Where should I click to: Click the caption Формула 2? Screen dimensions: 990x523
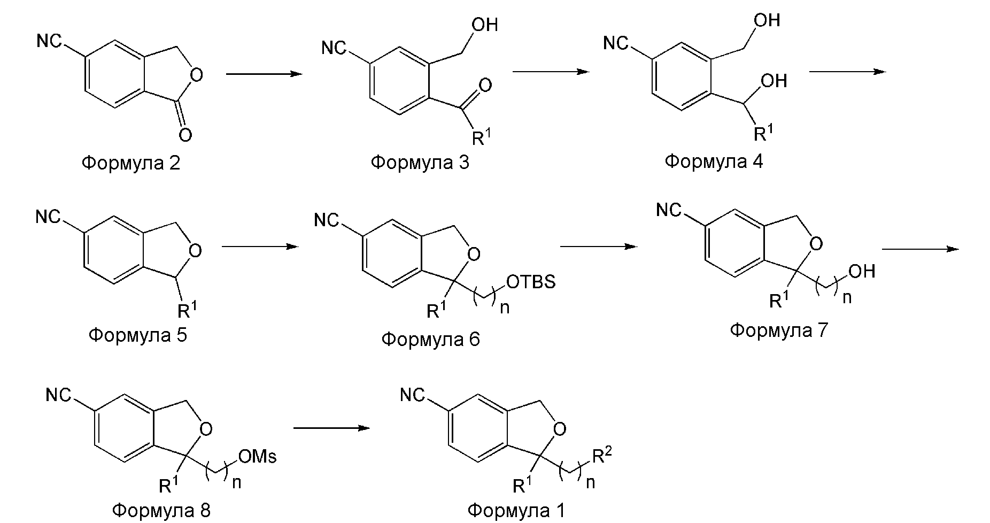click(131, 163)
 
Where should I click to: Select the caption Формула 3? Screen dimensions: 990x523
click(420, 162)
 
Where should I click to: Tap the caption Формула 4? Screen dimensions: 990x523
click(714, 160)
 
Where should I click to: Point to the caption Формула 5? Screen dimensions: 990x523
click(138, 335)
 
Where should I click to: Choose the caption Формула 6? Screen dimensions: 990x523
click(431, 339)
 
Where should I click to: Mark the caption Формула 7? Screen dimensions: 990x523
click(778, 330)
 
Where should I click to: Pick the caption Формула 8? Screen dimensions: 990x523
click(162, 510)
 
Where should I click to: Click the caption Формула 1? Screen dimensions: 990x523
click(516, 510)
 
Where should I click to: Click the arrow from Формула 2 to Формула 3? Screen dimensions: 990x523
click(264, 74)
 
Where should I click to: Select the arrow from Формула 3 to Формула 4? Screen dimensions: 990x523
click(551, 72)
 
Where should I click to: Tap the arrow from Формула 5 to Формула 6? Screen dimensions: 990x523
click(259, 247)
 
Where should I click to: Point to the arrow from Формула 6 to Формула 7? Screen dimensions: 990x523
click(599, 247)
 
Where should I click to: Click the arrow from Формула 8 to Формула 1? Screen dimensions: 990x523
click(332, 428)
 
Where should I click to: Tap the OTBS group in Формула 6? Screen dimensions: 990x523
click(530, 282)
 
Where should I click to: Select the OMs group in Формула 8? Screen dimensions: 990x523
click(258, 456)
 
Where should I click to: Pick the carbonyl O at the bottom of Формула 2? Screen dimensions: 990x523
click(185, 135)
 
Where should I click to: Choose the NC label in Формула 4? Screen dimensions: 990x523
click(616, 43)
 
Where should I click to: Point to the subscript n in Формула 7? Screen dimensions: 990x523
click(847, 297)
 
